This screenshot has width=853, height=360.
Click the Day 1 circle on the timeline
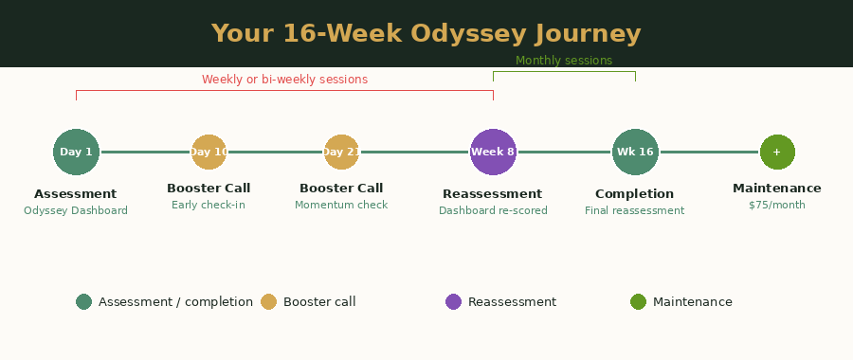point(76,152)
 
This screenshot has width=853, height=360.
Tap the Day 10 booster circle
point(209,152)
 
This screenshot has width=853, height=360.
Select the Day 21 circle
point(341,152)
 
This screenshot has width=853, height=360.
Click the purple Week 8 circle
point(493,152)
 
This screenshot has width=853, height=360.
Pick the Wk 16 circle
point(635,152)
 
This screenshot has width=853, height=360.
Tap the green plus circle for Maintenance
point(777,152)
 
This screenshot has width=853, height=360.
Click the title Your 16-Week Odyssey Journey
point(426,34)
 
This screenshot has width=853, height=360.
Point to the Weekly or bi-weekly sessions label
point(284,80)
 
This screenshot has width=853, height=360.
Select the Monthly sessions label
point(564,61)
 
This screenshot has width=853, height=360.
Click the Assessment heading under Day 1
point(76,194)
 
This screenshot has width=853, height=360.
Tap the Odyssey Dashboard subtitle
point(76,210)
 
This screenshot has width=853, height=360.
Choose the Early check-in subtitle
point(209,205)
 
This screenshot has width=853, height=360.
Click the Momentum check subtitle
point(341,205)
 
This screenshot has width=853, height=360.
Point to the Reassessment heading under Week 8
point(492,194)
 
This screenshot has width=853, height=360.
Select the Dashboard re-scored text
point(493,210)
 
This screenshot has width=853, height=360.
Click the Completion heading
point(634,194)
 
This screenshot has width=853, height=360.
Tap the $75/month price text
point(777,205)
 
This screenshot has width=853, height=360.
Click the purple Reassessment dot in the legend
point(453,302)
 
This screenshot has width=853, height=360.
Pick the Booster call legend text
point(319,302)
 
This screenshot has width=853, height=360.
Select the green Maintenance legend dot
point(638,302)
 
